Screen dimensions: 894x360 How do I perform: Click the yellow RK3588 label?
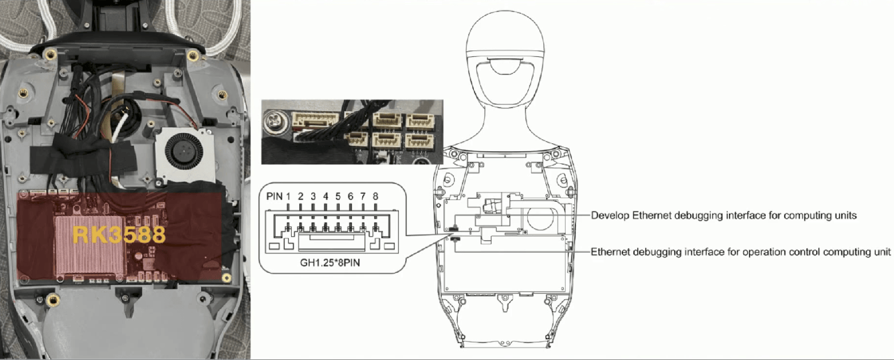coord(119,234)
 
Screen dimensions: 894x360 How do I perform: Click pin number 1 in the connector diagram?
coord(288,197)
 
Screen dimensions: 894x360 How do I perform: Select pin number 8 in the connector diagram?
coord(375,197)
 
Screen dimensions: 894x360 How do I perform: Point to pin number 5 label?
coord(338,197)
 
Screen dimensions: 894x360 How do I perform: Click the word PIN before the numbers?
coord(274,197)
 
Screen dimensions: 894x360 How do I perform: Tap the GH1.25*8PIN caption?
coord(330,263)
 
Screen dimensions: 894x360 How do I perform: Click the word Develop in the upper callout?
coord(610,216)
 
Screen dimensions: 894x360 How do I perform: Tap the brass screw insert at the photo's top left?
coord(50,54)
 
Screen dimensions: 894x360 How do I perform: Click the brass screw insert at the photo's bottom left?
coord(52,299)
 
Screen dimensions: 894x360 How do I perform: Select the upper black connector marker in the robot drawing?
coord(453,228)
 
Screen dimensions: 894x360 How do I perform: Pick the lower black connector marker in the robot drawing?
coord(455,240)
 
